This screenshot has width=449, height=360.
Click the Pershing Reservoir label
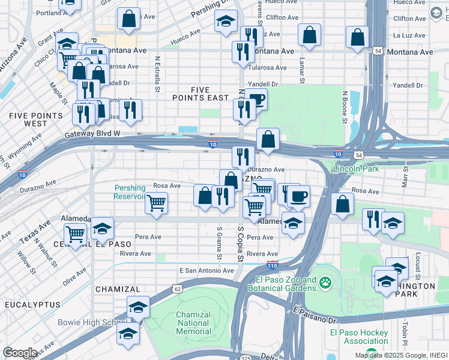point(130,192)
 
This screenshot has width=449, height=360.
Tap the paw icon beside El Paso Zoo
point(325,281)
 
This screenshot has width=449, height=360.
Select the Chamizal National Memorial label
point(193,323)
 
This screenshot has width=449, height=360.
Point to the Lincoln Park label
point(355,169)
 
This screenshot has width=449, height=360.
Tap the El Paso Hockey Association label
point(366,337)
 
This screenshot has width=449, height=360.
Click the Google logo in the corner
point(20,353)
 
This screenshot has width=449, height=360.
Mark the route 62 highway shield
point(178,289)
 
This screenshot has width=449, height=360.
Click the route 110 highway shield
point(272,265)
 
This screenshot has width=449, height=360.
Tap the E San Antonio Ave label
point(206,271)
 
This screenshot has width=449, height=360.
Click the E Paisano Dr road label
point(315,316)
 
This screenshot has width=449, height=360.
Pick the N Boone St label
point(345,107)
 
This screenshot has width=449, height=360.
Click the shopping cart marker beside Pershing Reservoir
point(156,203)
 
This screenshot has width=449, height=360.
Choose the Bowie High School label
point(91,322)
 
